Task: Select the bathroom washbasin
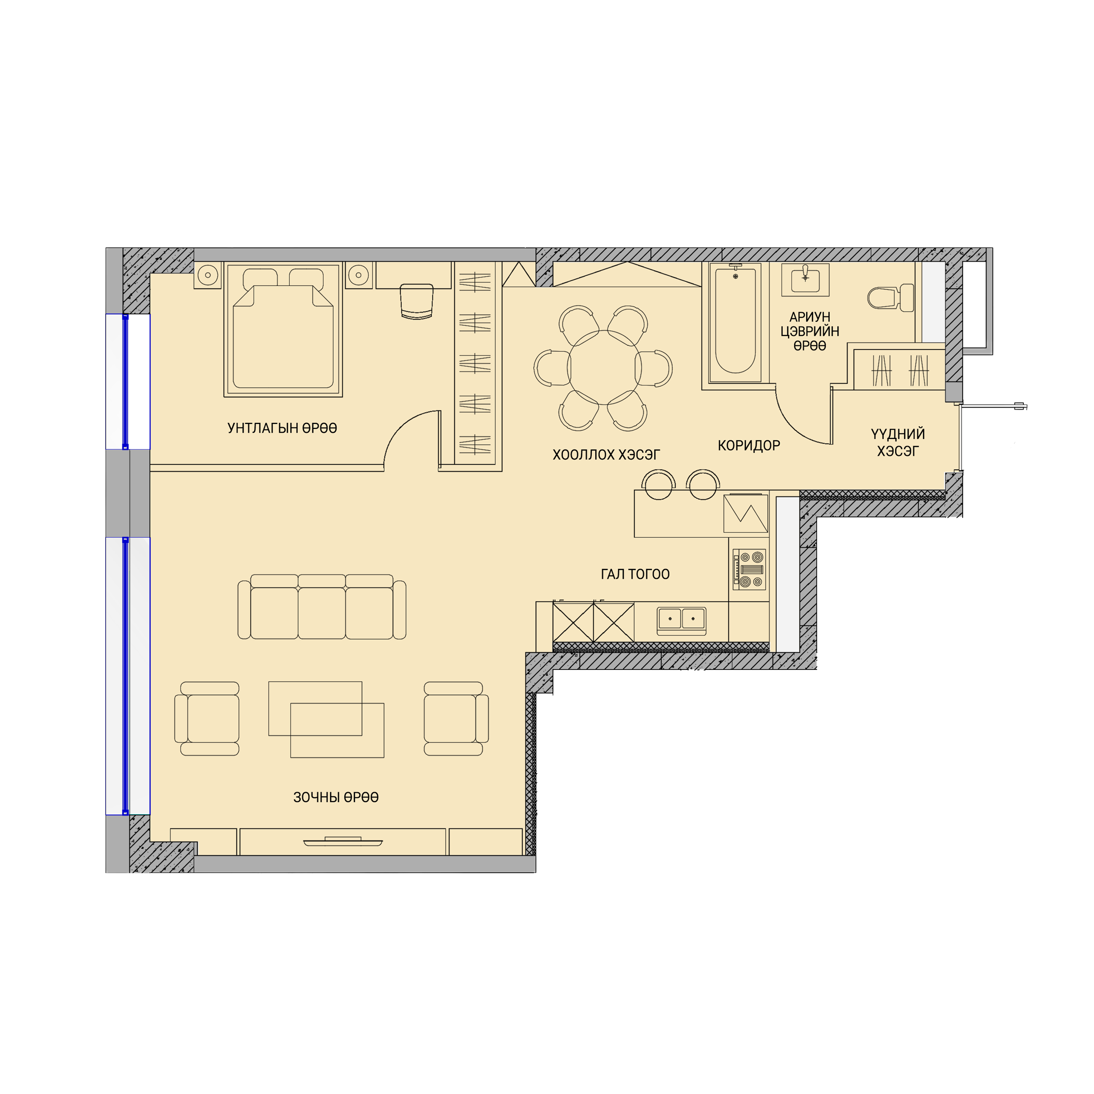pyautogui.click(x=805, y=280)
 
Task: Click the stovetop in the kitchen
pyautogui.click(x=749, y=569)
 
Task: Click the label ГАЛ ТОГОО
pyautogui.click(x=635, y=574)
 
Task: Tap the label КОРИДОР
pyautogui.click(x=749, y=446)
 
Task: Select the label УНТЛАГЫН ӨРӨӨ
pyautogui.click(x=282, y=428)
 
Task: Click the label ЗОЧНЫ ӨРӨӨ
pyautogui.click(x=336, y=797)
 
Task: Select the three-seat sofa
pyautogui.click(x=322, y=606)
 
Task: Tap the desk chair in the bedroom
pyautogui.click(x=417, y=302)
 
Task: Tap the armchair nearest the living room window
pyautogui.click(x=207, y=719)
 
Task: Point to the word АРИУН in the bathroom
pyautogui.click(x=810, y=317)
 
